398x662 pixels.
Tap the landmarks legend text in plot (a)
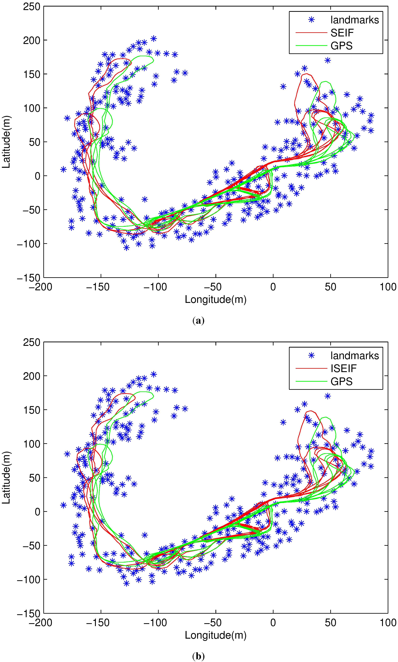355,20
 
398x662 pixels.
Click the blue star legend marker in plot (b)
311,355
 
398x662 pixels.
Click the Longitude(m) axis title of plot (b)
216,635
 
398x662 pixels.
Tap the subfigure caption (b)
198,656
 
